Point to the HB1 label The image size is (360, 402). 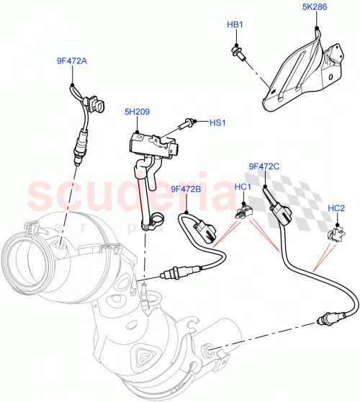[235, 25]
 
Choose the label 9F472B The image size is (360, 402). [186, 189]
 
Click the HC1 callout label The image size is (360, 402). [243, 187]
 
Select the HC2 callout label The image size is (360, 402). [336, 209]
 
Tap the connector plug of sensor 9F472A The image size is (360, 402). [99, 107]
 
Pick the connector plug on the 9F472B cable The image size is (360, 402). [208, 231]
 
